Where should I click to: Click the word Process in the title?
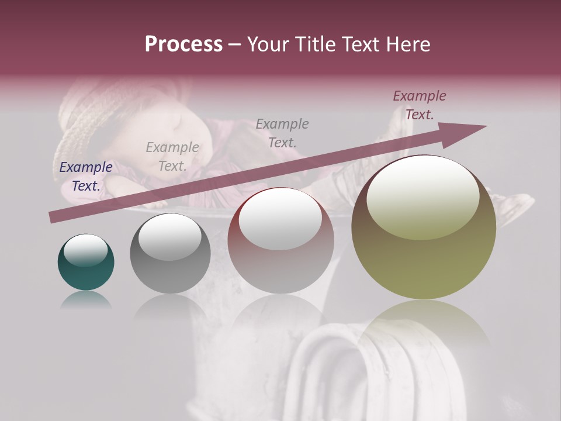[183, 44]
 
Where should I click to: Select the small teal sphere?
[86, 263]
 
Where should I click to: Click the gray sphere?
[170, 254]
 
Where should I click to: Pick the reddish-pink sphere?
[281, 240]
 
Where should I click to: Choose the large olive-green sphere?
[424, 227]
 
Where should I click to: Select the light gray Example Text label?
[172, 157]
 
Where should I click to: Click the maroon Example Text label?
[420, 105]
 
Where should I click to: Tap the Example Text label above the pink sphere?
[282, 133]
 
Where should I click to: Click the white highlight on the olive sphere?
[423, 196]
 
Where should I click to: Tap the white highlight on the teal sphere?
[85, 250]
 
